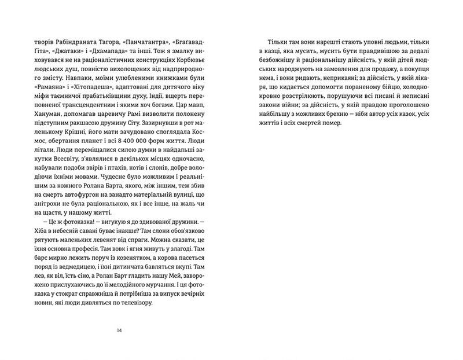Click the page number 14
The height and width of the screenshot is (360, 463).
tap(119, 330)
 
